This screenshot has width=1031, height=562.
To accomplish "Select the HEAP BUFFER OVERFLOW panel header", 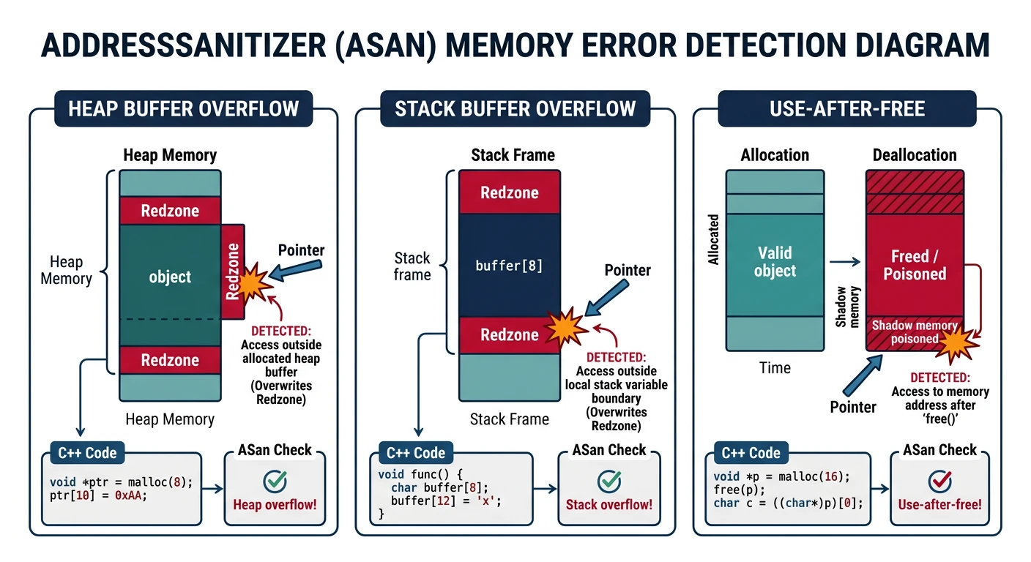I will click(x=184, y=109).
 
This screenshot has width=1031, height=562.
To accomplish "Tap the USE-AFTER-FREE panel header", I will click(x=847, y=109).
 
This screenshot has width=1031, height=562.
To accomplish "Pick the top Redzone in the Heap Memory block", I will click(x=170, y=211).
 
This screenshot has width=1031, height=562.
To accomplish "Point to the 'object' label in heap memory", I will click(x=170, y=277).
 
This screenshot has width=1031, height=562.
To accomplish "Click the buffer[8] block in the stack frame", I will click(x=509, y=266).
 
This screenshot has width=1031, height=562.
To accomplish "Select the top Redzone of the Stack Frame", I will click(x=509, y=193).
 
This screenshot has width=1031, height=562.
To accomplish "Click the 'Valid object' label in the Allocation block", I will click(x=775, y=262).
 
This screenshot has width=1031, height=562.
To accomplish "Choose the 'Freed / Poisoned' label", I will click(x=915, y=265).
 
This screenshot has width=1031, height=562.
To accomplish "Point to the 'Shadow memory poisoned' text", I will click(x=915, y=331).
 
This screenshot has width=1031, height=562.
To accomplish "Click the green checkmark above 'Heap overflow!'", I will click(x=275, y=481).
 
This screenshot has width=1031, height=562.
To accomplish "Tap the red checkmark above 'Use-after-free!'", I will click(x=939, y=481).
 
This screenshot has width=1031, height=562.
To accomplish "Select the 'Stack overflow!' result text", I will click(x=608, y=504).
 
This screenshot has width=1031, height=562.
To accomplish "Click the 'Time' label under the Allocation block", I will click(x=775, y=367).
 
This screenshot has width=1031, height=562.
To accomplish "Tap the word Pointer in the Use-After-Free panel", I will click(x=853, y=407).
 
